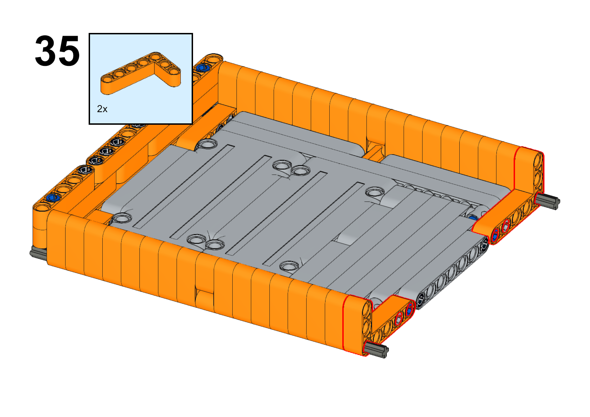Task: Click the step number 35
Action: (57, 50)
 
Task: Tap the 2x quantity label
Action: (102, 109)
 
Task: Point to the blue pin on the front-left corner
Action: (53, 197)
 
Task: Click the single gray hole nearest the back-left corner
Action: (208, 144)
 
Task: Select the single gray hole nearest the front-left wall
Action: (122, 218)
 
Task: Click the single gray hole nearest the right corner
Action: (375, 192)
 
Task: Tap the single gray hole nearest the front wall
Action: (289, 266)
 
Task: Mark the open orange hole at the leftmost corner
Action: (42, 208)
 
